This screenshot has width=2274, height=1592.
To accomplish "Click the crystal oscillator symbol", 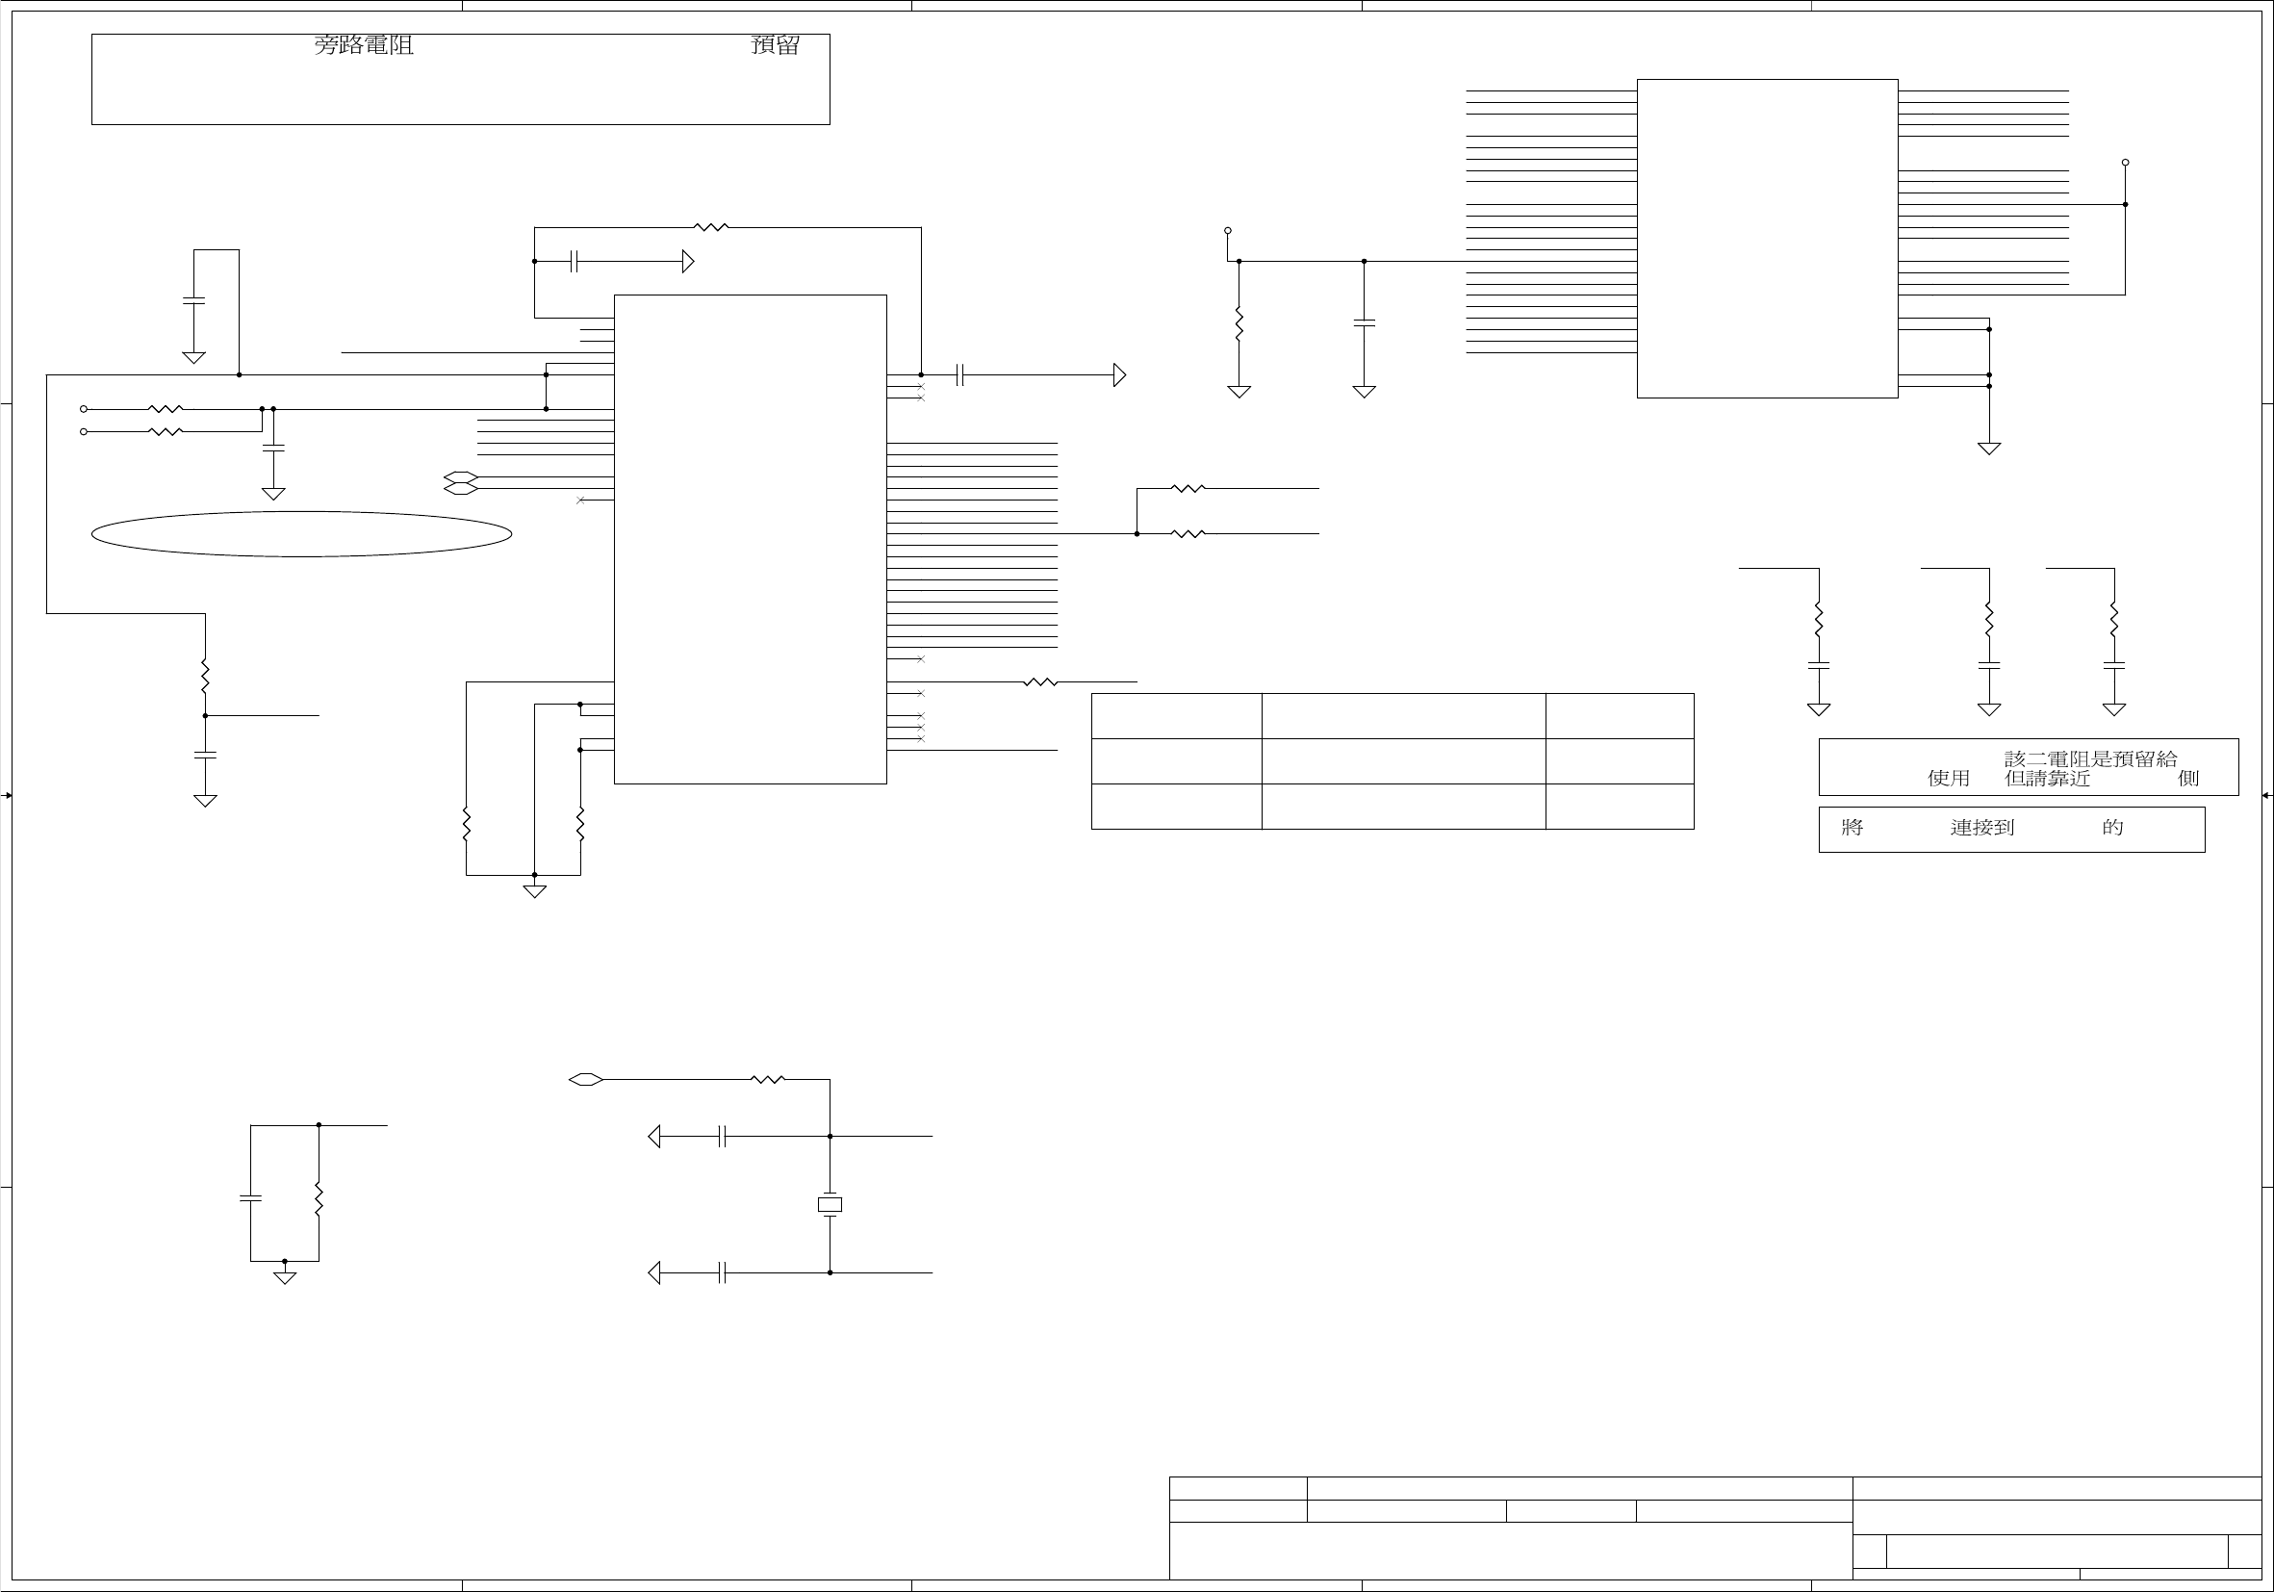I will click(x=830, y=1205).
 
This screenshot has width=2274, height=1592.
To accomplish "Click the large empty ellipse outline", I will click(x=301, y=534).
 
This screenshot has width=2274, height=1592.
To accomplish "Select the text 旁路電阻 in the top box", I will click(x=364, y=45).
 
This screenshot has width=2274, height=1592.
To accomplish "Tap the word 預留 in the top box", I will click(x=776, y=45).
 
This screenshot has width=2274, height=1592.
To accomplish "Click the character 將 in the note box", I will click(x=1852, y=827).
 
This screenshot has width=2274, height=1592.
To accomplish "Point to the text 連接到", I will click(x=1981, y=827).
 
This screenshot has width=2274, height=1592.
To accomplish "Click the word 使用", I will click(x=1948, y=779).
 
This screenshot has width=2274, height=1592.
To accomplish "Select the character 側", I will click(x=2188, y=779).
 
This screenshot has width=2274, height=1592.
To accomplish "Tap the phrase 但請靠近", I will click(x=2047, y=779).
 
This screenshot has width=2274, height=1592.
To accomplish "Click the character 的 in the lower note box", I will click(x=2112, y=827).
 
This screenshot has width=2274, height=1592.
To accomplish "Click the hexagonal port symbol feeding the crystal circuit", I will click(x=585, y=1080).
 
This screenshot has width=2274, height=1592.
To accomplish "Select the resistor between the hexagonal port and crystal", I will click(x=768, y=1080).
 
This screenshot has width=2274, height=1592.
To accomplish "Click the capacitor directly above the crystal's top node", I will click(x=723, y=1138).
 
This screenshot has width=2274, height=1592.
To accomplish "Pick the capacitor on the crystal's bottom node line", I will click(x=723, y=1273).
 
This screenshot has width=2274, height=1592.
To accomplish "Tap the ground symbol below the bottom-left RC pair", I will click(x=284, y=1276).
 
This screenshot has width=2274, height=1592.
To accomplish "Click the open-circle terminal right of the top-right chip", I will click(x=2126, y=163).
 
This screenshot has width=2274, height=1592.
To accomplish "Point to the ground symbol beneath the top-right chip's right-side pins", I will click(x=1989, y=448).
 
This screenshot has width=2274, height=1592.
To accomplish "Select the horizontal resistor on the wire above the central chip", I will click(x=711, y=228).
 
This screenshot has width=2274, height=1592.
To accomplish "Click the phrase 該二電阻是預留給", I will click(x=2091, y=758).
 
